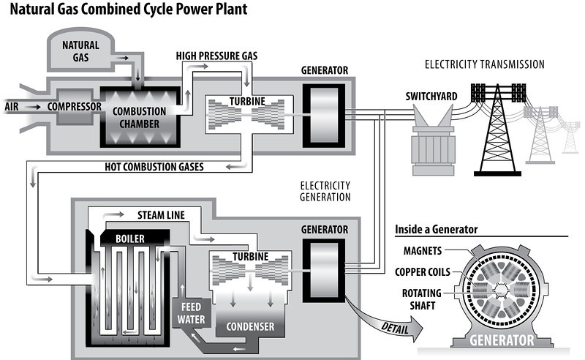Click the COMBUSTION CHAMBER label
[138, 117]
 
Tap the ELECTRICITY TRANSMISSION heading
[485, 64]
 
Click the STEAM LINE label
[161, 216]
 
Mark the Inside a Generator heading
[437, 229]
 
